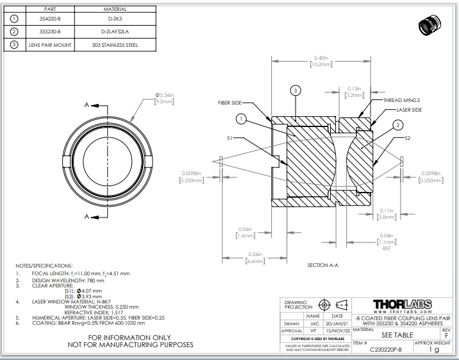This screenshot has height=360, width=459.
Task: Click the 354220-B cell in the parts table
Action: tap(49, 19)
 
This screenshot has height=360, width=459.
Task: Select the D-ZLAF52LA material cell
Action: tap(115, 31)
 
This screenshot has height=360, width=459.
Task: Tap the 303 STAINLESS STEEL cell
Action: tap(115, 45)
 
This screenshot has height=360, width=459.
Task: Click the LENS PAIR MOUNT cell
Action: tap(49, 45)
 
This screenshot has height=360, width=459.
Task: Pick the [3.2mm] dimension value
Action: tap(355, 94)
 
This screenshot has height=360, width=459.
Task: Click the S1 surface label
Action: tap(229, 137)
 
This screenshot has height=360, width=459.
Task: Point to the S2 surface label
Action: tap(408, 137)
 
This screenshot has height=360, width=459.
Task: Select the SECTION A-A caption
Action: tap(322, 265)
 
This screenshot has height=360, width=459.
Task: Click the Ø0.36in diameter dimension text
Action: tap(165, 95)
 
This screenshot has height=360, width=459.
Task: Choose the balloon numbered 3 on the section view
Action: tap(296, 90)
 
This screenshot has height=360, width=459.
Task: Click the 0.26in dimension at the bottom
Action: tap(256, 255)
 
